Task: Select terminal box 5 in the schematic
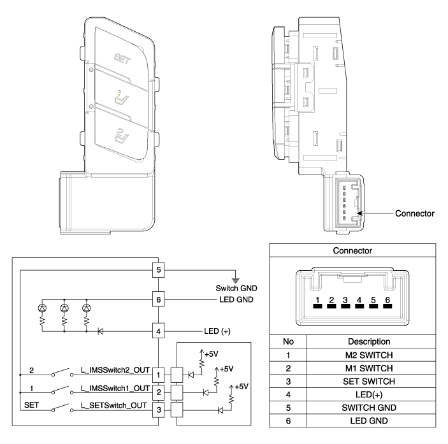coord(158,269)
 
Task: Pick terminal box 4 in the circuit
coord(158,332)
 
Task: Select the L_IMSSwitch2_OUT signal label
coord(113,370)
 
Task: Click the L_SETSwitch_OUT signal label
coord(113,405)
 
